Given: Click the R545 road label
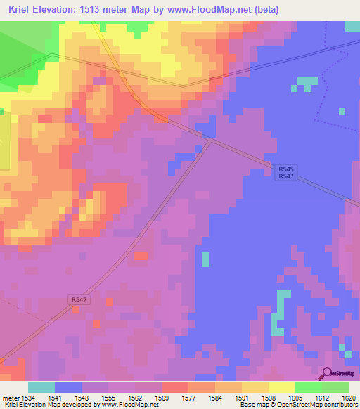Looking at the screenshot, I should [285, 169].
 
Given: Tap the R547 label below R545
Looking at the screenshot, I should [285, 177].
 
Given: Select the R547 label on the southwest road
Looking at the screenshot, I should [79, 299].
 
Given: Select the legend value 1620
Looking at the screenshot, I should [349, 398].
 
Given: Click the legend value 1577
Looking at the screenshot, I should [188, 398].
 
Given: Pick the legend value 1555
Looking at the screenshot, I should [108, 398].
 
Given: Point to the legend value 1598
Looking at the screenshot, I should [269, 398].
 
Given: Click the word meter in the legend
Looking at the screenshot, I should [8, 398].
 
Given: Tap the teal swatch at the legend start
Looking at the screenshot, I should [41, 387].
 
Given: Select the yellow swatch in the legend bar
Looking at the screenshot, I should [281, 387].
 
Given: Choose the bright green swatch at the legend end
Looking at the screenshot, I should [335, 387].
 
